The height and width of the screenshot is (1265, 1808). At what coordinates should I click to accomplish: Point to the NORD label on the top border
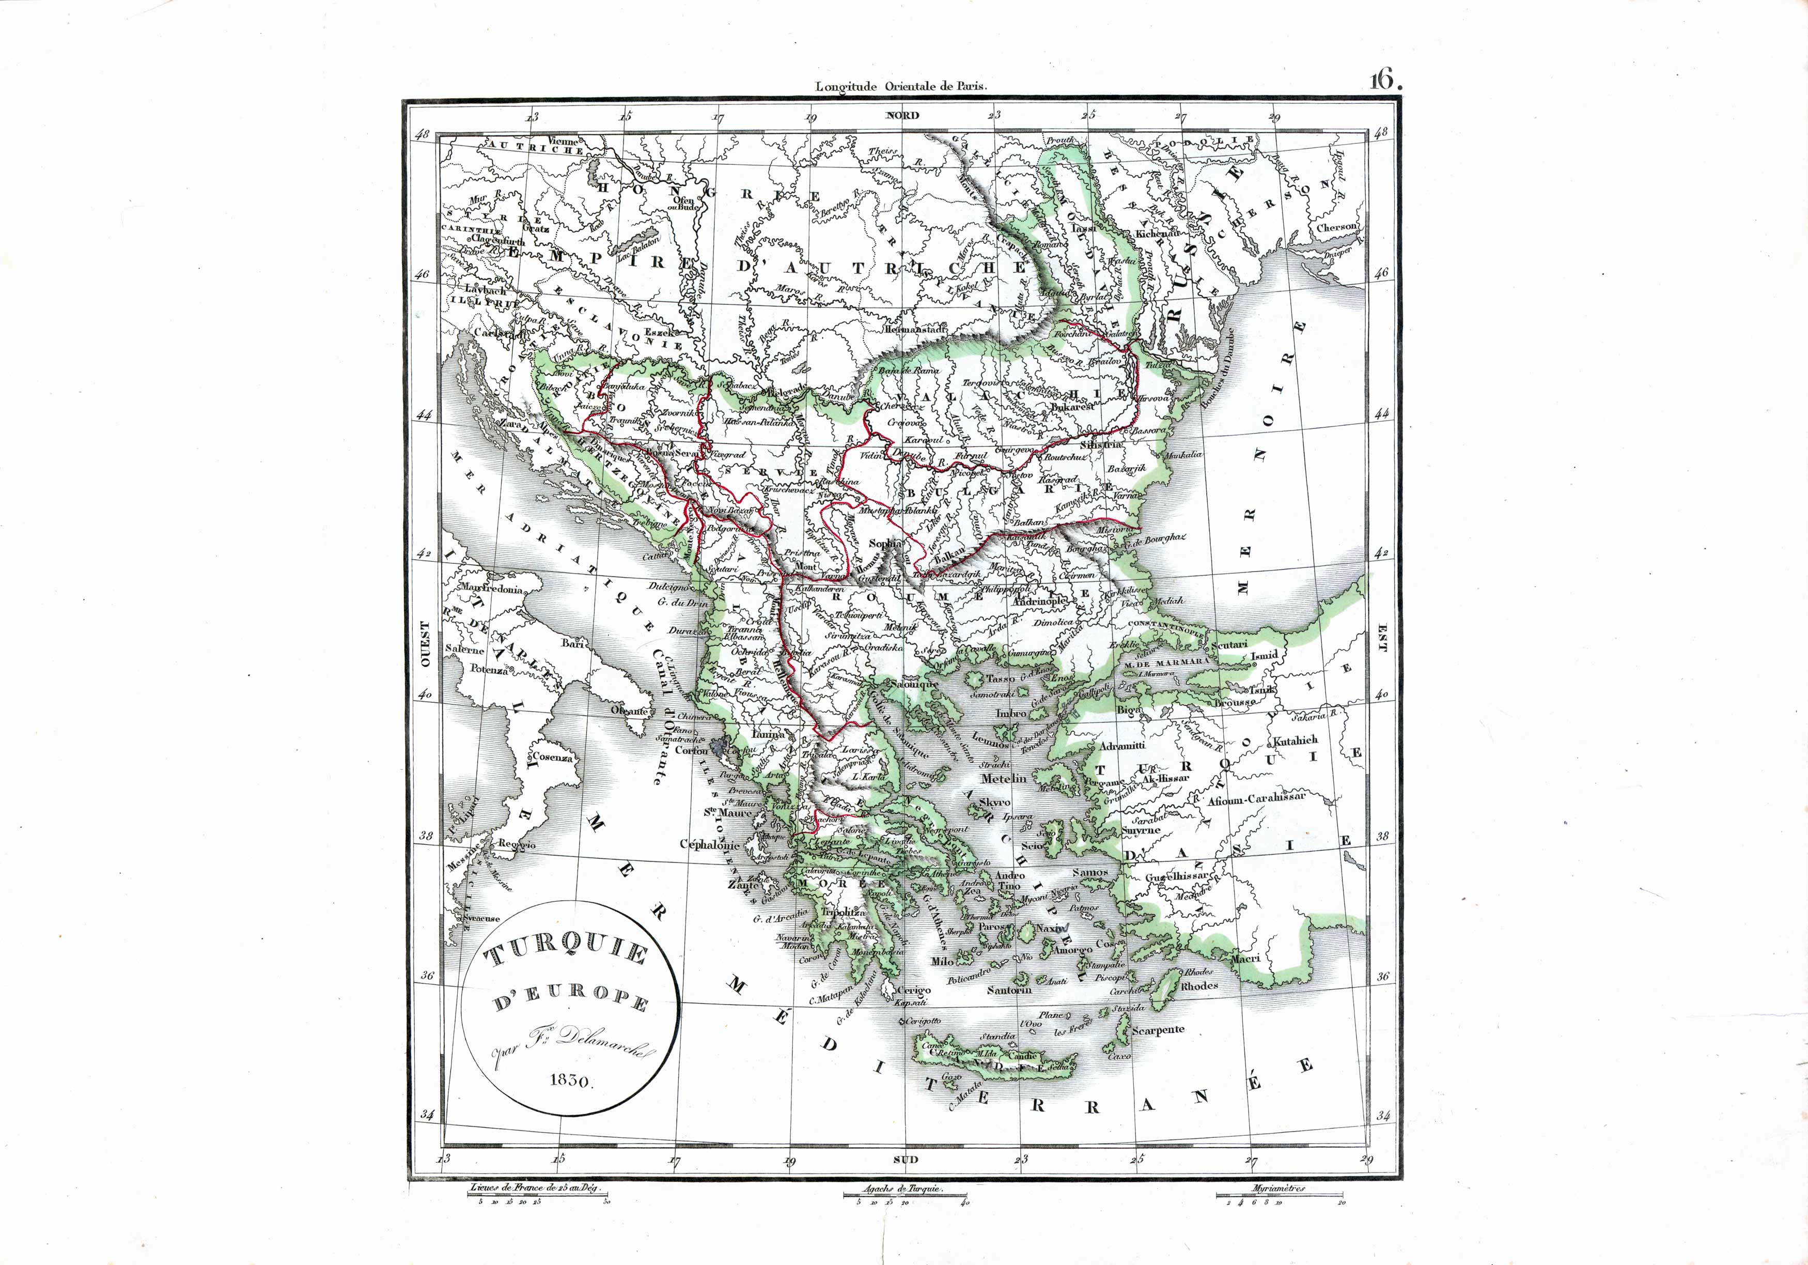[902, 115]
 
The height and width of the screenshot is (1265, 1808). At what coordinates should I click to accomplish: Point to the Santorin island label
[1009, 990]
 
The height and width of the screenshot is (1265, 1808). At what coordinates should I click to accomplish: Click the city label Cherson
[1336, 227]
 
